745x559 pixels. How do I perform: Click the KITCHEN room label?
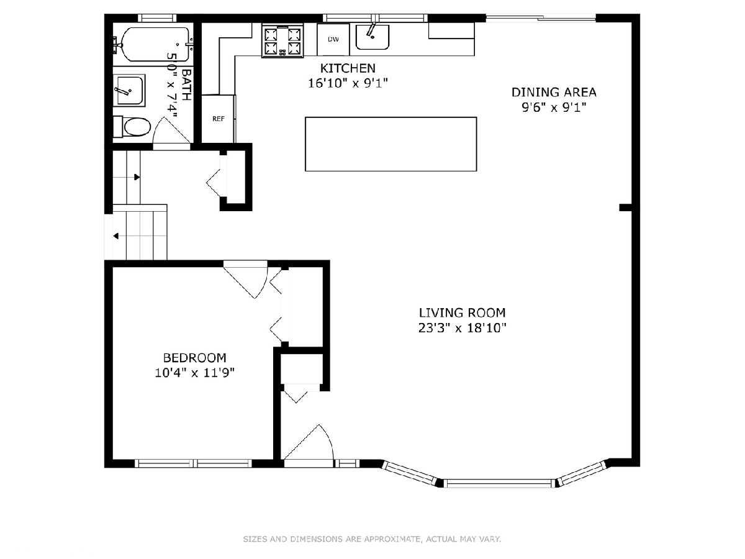(348, 68)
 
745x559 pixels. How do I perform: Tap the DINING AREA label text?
(554, 93)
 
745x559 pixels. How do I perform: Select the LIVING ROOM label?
(462, 312)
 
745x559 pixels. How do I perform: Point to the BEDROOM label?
(194, 358)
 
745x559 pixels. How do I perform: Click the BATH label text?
(186, 85)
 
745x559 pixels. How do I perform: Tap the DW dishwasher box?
(333, 39)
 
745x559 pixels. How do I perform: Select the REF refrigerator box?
(219, 119)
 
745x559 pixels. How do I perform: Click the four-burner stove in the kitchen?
(282, 42)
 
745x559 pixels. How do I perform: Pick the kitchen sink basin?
(372, 37)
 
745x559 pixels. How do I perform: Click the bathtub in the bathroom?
(155, 45)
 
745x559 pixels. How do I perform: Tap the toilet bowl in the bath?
(137, 127)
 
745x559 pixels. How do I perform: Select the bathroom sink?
(129, 90)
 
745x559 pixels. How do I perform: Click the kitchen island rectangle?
(391, 144)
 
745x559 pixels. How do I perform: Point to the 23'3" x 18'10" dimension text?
(462, 328)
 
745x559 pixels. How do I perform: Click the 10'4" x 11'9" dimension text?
(194, 373)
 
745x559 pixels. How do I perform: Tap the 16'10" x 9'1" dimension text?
(348, 83)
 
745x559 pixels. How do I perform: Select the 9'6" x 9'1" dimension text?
(554, 107)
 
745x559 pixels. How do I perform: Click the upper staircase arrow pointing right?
(137, 177)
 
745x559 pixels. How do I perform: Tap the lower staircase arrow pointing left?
(116, 236)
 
